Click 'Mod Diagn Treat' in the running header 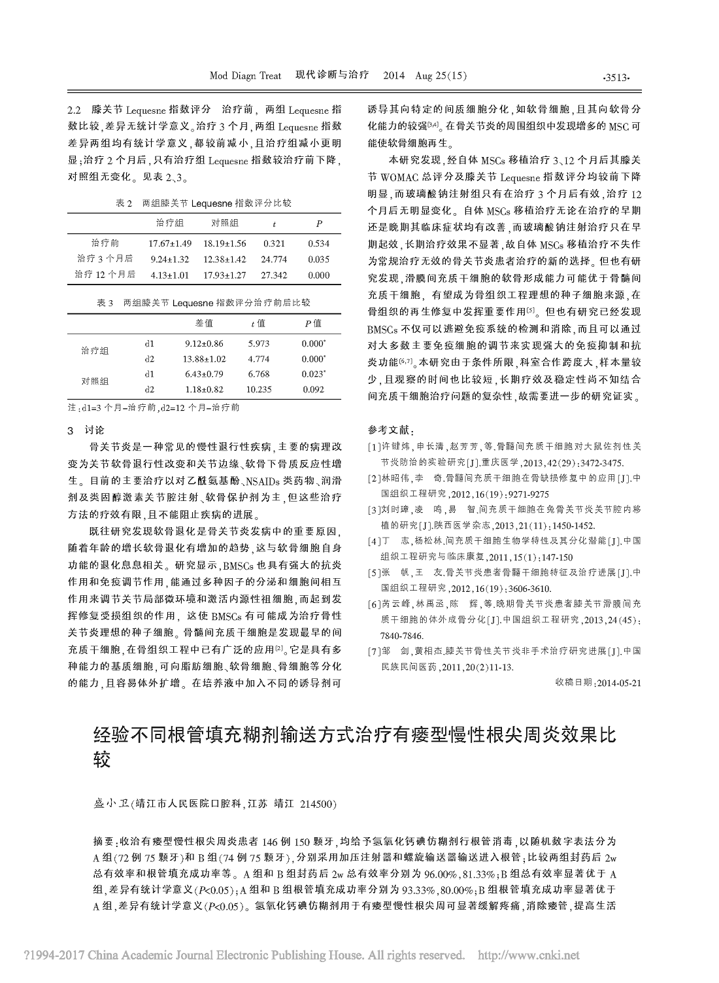pos(245,76)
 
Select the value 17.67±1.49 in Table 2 pos(169,243)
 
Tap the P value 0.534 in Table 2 pos(318,243)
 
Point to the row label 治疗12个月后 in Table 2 pos(105,275)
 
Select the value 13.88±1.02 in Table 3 pos(204,359)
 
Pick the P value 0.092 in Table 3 pos(313,389)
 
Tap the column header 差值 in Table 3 pos(204,322)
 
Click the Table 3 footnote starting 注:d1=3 pos(154,407)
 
